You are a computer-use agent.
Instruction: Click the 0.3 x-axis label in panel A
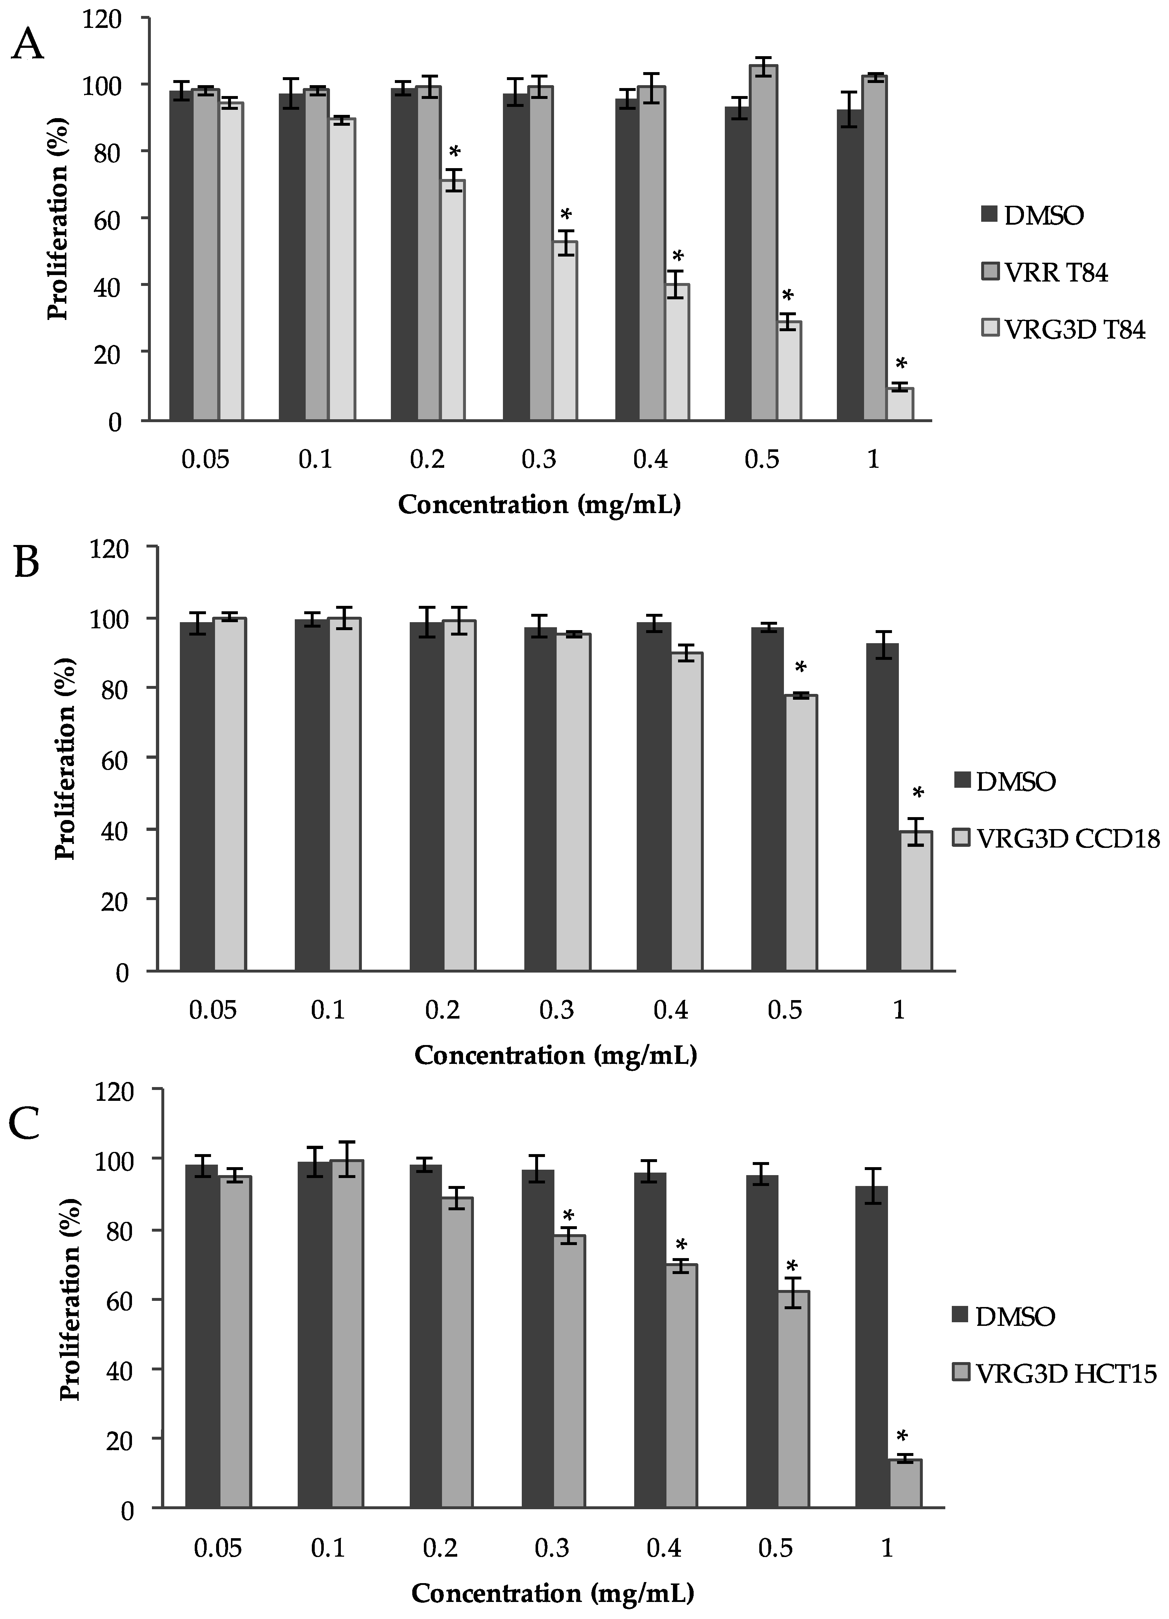(x=539, y=459)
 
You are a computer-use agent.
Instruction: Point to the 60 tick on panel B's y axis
(x=116, y=758)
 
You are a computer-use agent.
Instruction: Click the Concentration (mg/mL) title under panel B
(x=555, y=1054)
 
